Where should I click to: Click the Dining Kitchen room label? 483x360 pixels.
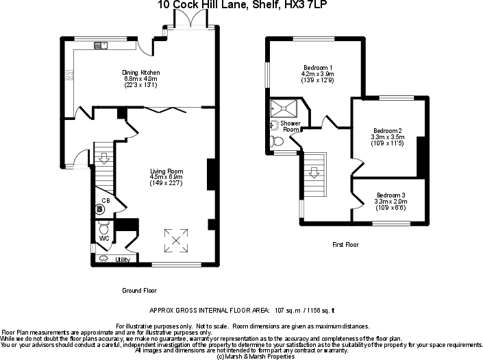[140, 73]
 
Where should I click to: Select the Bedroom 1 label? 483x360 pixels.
[319, 67]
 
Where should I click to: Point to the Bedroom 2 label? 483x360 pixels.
[388, 131]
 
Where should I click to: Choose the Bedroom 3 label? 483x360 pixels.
[391, 195]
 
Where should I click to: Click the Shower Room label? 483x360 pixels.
[290, 126]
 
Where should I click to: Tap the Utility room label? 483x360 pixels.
[123, 260]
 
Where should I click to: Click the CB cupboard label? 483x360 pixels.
[106, 201]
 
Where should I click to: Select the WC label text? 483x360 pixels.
[104, 238]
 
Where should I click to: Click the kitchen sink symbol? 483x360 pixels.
[101, 47]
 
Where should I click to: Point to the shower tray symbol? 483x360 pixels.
[284, 107]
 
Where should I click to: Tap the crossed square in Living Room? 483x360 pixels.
[177, 239]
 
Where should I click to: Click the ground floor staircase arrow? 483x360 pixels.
[103, 158]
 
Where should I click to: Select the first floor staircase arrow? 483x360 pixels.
[314, 173]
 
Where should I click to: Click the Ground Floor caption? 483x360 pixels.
[140, 291]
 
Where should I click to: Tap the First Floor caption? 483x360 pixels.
[345, 245]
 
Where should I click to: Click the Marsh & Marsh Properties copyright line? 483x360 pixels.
[251, 356]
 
